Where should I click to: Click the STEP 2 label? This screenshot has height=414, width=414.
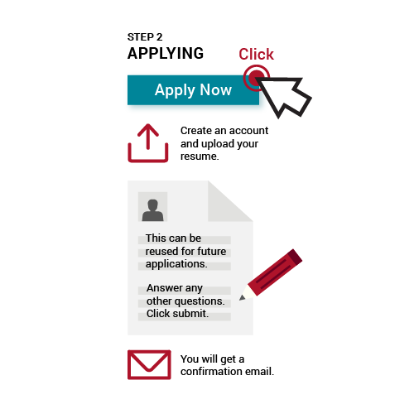[x=145, y=37]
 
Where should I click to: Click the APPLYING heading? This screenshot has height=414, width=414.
[x=166, y=53]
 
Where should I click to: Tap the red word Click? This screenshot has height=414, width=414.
[x=256, y=54]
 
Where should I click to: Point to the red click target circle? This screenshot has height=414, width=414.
[x=256, y=78]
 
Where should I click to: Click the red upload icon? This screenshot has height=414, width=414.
[x=148, y=143]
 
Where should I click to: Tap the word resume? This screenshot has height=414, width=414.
[x=199, y=156]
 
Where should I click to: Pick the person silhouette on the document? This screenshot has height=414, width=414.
[x=152, y=210]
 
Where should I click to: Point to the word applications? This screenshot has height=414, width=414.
[x=176, y=264]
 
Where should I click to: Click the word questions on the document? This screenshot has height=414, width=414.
[x=204, y=301]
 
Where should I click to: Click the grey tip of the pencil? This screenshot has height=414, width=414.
[x=243, y=297]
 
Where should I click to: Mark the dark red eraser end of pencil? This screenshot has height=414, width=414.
[x=295, y=257]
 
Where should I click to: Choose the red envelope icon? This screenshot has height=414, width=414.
[x=149, y=364]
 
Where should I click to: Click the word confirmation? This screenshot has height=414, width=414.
[x=211, y=372]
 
